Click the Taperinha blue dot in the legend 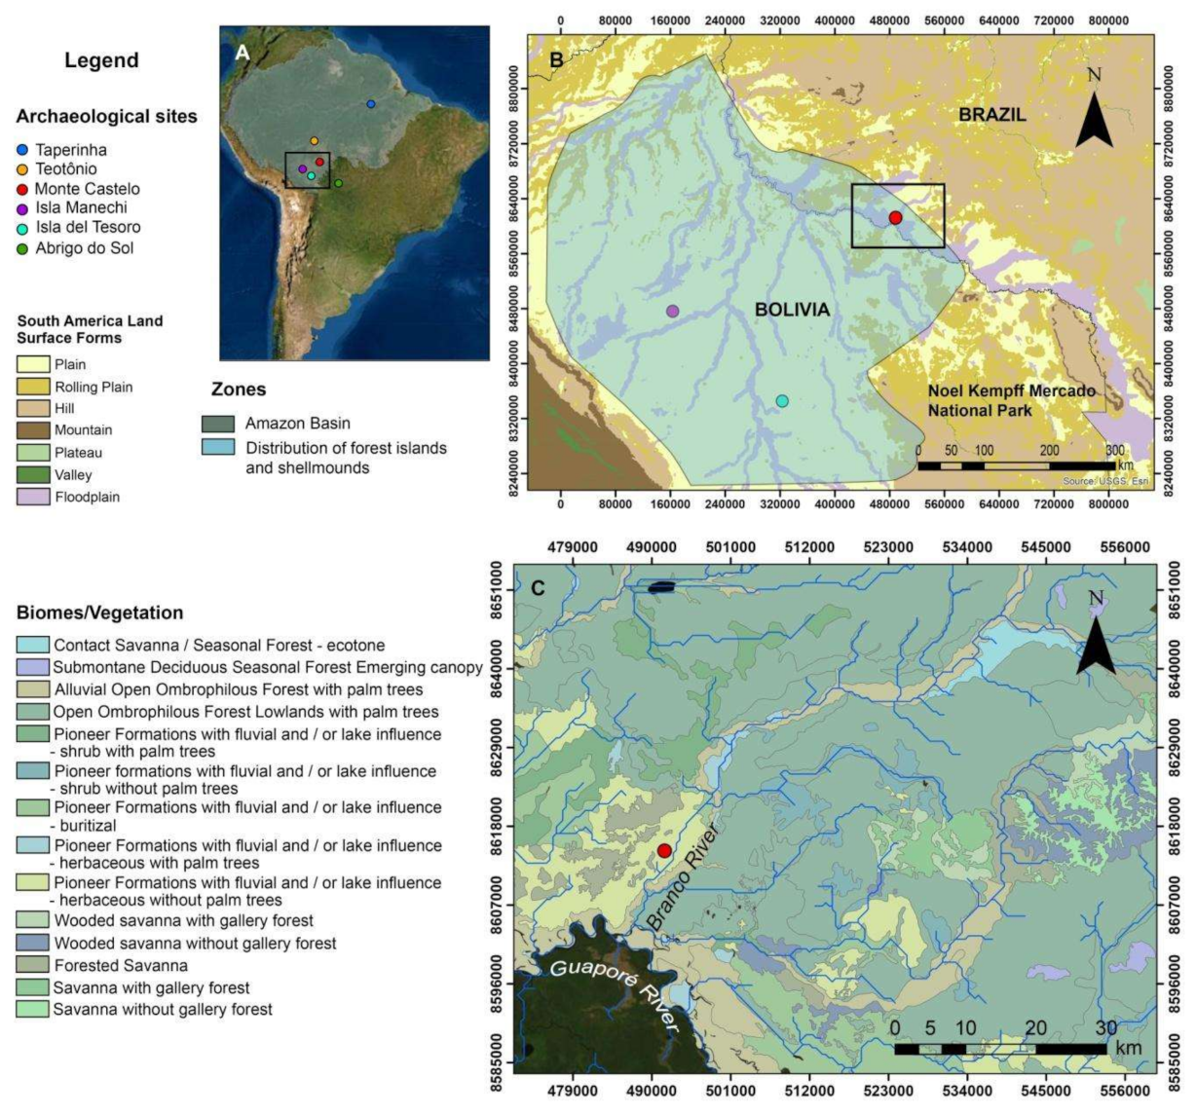point(22,150)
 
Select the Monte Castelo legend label point(88,189)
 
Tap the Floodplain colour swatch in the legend point(32,497)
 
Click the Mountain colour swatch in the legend point(32,430)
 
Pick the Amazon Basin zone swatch point(218,424)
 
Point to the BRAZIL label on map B point(991,115)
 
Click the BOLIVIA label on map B point(792,310)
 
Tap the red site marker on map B point(895,218)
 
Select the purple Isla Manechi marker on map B point(672,311)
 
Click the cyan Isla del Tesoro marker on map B point(782,401)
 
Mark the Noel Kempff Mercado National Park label point(997,400)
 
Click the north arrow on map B point(1094,112)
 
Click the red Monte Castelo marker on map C point(664,851)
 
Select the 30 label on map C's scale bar point(1105,1028)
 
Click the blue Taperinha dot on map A point(370,104)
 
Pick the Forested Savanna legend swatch point(32,965)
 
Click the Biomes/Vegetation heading point(99,613)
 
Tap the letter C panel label point(537,588)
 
